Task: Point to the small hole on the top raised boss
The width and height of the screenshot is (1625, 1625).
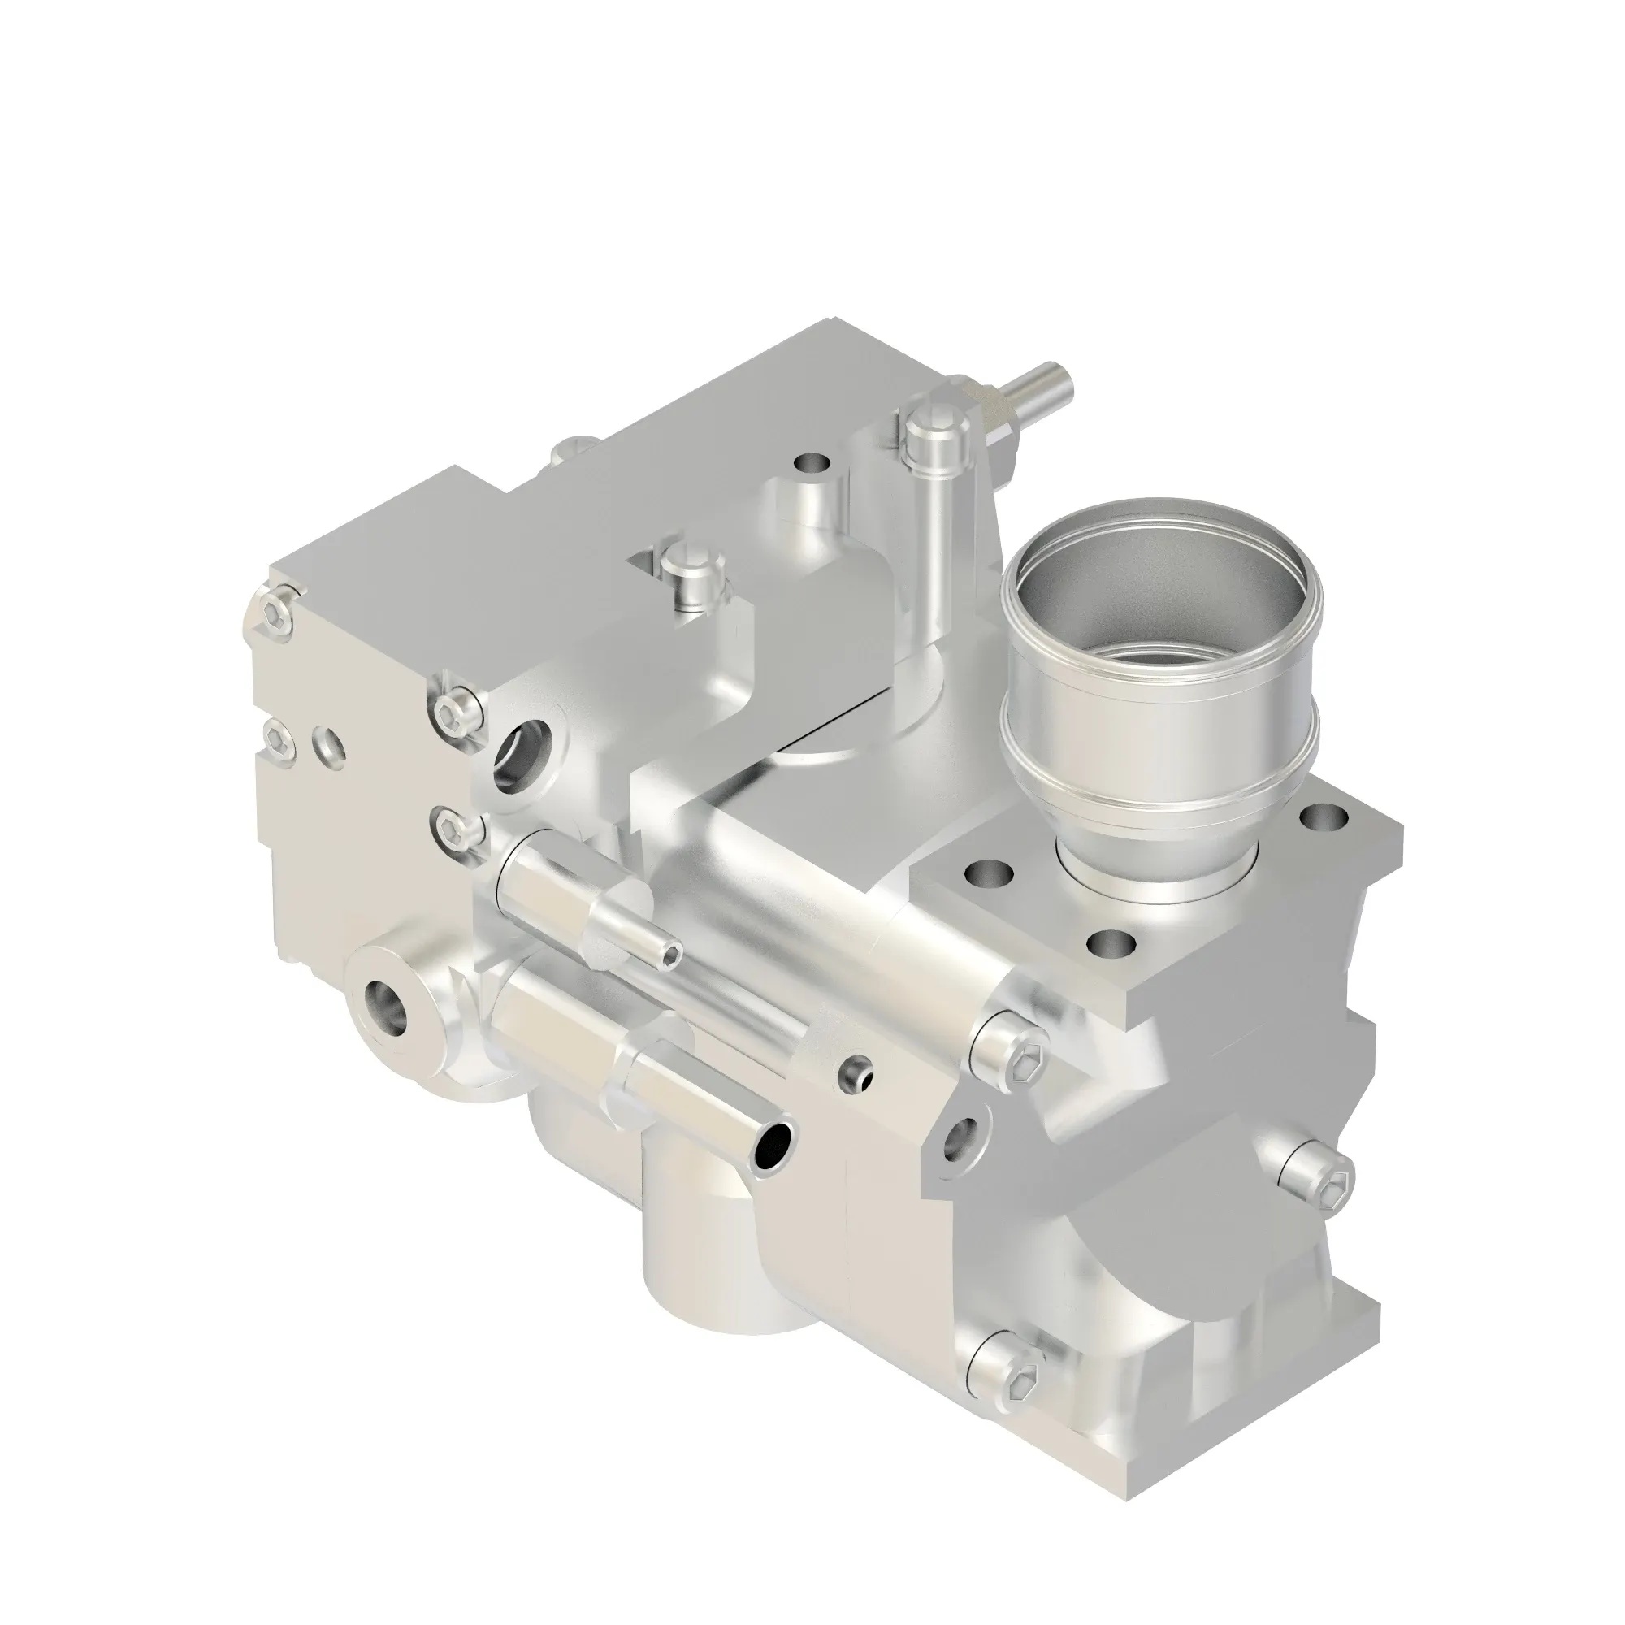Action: coord(812,464)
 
